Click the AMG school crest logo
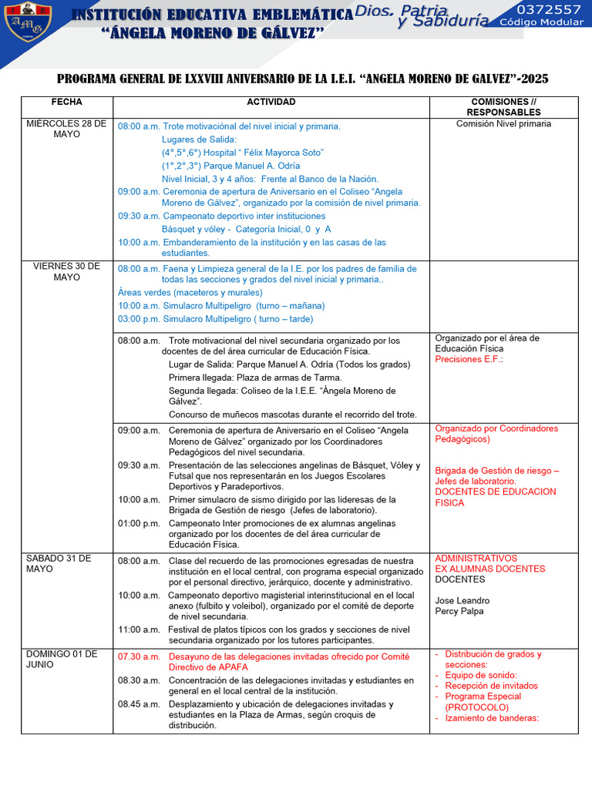click(28, 22)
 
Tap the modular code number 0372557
click(549, 9)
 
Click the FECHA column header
click(66, 102)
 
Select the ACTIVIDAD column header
click(271, 102)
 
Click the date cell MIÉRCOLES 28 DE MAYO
click(66, 129)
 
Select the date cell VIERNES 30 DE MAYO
click(66, 272)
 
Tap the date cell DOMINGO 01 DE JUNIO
click(62, 660)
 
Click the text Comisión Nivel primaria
click(503, 124)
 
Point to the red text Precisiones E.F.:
click(469, 359)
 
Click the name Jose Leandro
click(462, 601)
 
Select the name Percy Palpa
click(459, 612)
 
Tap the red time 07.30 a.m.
click(139, 657)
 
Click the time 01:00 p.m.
click(139, 523)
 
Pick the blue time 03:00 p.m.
click(139, 319)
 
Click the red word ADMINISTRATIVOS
click(476, 559)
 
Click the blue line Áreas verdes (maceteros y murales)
click(190, 293)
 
